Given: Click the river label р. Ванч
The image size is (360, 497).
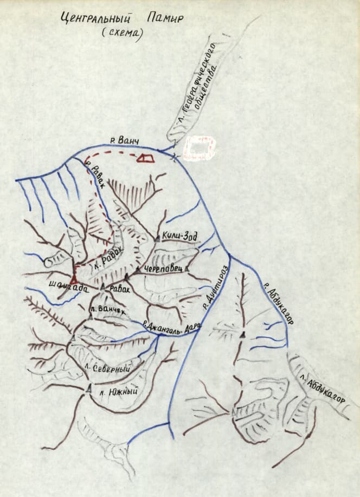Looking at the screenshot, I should (125, 142).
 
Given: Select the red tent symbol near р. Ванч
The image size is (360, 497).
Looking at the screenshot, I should (145, 158).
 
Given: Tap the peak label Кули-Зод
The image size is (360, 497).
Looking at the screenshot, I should (179, 236).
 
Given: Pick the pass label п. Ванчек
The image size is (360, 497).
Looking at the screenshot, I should (109, 313).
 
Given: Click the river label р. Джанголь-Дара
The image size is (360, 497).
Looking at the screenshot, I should (172, 328).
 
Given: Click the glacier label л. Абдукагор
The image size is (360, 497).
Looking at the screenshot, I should (325, 387).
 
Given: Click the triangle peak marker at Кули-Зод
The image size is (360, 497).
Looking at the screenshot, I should (157, 237).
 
